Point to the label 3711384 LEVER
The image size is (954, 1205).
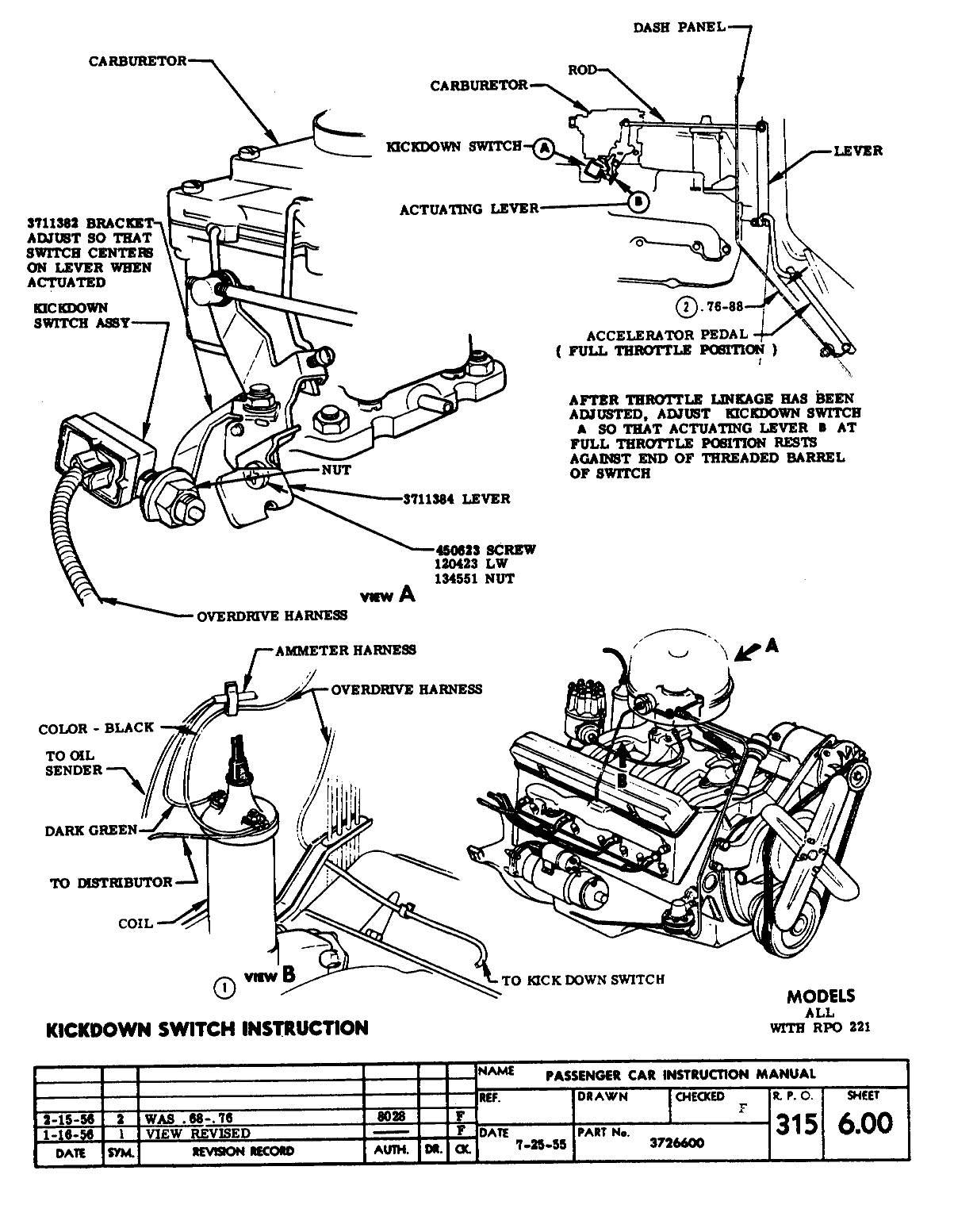(x=456, y=499)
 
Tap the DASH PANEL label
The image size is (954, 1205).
(x=679, y=28)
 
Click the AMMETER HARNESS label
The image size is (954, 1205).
(x=345, y=650)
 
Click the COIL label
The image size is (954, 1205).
(x=135, y=923)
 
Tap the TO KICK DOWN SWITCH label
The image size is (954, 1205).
(x=583, y=980)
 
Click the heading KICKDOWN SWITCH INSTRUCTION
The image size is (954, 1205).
(x=208, y=1029)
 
